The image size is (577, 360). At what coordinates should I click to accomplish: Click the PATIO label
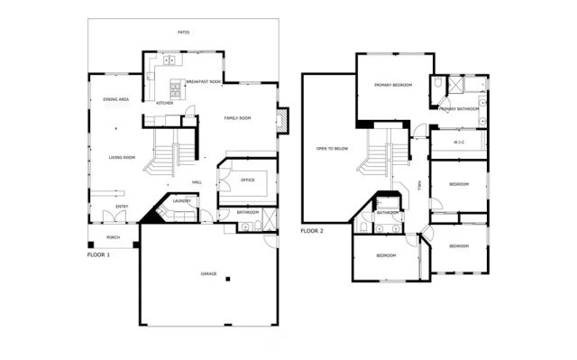183,32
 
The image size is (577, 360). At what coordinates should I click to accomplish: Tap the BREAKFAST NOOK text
203,81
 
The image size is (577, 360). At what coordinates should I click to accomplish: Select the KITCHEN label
164,103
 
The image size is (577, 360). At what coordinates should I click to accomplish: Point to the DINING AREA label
115,99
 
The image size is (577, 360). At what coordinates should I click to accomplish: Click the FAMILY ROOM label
237,118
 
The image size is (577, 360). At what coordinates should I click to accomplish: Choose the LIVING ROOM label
122,157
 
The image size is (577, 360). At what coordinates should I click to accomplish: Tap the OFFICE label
248,180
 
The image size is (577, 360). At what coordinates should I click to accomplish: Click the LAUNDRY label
182,201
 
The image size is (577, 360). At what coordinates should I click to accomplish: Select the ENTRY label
121,207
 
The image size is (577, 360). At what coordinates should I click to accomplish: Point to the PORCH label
114,237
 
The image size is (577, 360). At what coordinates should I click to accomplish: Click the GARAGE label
208,272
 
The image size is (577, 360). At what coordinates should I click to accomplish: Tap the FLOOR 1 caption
98,254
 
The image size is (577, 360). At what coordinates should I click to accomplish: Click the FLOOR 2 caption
312,230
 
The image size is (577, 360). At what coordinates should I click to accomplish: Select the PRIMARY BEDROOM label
393,85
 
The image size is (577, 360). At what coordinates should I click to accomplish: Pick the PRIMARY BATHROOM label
459,108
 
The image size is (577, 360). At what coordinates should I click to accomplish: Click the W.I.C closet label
459,141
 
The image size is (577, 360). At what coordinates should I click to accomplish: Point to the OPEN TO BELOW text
332,149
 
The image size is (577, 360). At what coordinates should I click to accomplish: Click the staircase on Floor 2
381,155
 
